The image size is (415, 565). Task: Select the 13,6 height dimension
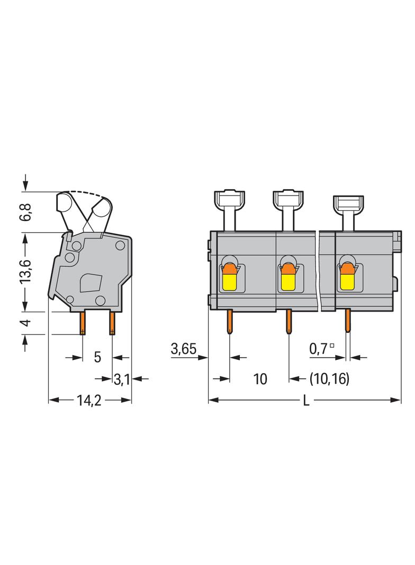[x=26, y=271]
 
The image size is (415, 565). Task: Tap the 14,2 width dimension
[x=89, y=400]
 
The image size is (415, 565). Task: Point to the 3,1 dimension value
[x=122, y=379]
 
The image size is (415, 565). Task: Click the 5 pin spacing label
[x=97, y=357]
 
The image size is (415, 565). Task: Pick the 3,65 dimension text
[x=184, y=349]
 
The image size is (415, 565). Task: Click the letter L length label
[x=306, y=400]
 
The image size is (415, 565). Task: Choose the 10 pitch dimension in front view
[x=260, y=379]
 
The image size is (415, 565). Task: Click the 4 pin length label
[x=26, y=322]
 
